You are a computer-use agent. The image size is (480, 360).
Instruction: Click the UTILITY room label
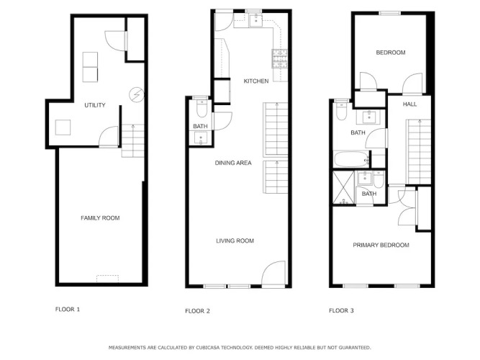click(x=95, y=105)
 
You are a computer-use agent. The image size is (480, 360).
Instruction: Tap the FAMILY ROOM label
click(x=100, y=218)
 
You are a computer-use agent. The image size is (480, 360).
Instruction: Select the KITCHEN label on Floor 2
click(x=256, y=81)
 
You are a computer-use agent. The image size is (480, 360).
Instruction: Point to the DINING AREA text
click(x=233, y=163)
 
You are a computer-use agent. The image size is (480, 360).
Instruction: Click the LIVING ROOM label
click(x=235, y=240)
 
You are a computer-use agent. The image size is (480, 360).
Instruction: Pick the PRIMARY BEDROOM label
click(x=381, y=245)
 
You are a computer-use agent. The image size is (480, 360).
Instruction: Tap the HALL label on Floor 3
click(x=409, y=104)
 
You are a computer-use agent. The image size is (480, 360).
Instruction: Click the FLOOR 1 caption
click(x=68, y=309)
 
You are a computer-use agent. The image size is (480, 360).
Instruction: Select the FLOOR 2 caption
click(x=197, y=311)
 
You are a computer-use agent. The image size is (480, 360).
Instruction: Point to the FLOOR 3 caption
click(x=341, y=310)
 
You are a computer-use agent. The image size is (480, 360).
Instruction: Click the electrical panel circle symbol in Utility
click(x=137, y=94)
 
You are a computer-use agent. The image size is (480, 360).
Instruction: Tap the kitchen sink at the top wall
click(x=255, y=20)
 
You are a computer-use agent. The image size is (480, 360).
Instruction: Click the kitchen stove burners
click(x=280, y=58)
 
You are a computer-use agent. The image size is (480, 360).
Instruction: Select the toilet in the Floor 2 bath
click(x=201, y=108)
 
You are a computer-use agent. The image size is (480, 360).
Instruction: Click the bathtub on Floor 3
click(x=352, y=159)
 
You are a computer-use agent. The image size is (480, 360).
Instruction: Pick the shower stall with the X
click(x=344, y=187)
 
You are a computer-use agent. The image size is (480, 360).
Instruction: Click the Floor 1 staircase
click(x=133, y=140)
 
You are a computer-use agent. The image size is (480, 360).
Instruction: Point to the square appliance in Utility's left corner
click(x=63, y=127)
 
